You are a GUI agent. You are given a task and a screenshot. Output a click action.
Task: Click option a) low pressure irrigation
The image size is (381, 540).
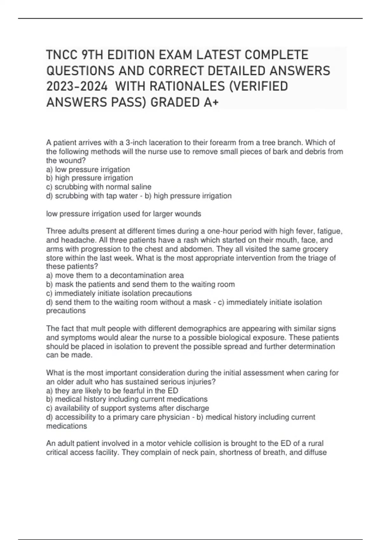[88, 169]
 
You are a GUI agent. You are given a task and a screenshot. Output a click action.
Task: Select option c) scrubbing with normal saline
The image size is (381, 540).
[99, 187]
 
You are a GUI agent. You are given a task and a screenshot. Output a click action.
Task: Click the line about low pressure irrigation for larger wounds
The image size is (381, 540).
[124, 214]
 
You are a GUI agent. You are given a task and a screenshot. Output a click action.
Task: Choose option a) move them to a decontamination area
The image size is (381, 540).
[115, 275]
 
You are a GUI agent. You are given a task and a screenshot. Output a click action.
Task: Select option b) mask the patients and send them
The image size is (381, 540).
[140, 284]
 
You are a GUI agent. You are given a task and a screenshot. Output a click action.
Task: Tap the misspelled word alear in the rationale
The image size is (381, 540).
[128, 337]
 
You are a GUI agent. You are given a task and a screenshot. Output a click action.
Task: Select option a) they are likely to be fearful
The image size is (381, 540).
[112, 390]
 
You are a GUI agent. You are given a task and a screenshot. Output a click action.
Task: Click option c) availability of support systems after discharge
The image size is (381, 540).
[128, 408]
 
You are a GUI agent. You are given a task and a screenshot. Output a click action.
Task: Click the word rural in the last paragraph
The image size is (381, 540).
[316, 443]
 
